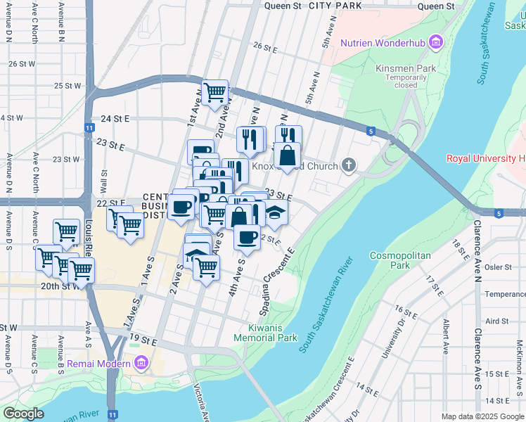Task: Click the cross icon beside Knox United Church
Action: point(347,165)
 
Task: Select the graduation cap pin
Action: point(276,212)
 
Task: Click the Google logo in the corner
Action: point(23,414)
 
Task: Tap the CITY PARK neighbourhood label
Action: point(335,6)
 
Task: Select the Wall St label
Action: point(104,181)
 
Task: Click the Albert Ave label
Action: point(445,334)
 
